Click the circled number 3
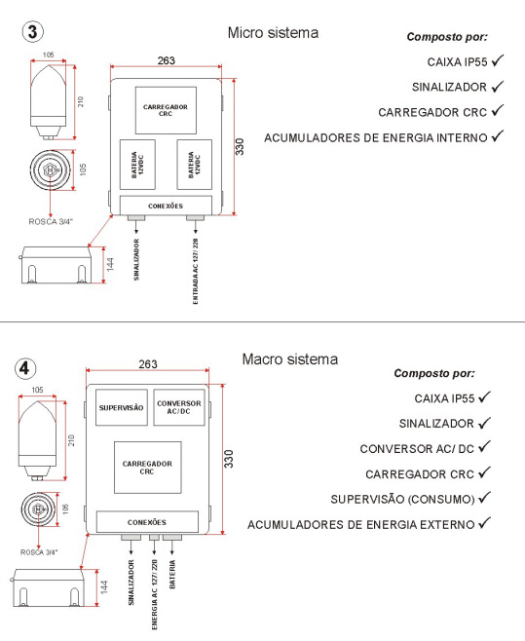click(x=33, y=31)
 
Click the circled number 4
click(x=25, y=368)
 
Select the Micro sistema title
click(x=273, y=33)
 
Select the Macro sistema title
click(x=290, y=359)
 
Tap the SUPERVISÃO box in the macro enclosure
click(x=122, y=407)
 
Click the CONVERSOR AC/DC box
click(x=179, y=407)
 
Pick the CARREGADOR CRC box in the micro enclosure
click(x=166, y=110)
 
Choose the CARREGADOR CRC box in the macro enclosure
click(x=148, y=468)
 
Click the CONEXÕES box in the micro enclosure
click(x=166, y=206)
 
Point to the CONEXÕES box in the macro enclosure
click(x=147, y=522)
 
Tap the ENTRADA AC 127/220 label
click(x=196, y=272)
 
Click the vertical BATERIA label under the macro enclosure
click(x=172, y=575)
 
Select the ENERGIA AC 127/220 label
click(x=155, y=594)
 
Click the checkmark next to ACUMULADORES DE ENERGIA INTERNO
click(x=497, y=136)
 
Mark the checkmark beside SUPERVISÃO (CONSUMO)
click(x=484, y=498)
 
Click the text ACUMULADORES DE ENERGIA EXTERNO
click(x=360, y=524)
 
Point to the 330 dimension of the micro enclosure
click(x=240, y=147)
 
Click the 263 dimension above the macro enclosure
click(x=148, y=363)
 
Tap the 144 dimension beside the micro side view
click(x=110, y=265)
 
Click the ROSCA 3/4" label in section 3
click(x=51, y=221)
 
